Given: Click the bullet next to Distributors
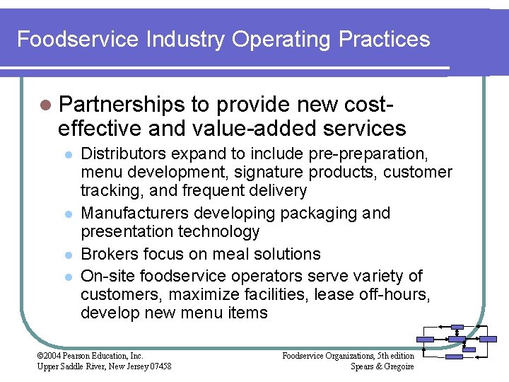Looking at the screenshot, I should [x=68, y=154].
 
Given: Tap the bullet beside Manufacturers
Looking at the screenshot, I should [x=68, y=214].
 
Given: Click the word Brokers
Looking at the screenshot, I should [x=107, y=254].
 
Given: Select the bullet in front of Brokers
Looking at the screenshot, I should [x=68, y=255].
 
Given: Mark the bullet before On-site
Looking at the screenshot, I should [x=68, y=276].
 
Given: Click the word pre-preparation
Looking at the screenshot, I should [x=382, y=153].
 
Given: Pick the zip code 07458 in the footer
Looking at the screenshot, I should [x=159, y=366].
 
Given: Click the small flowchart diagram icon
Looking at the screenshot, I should [x=456, y=342].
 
